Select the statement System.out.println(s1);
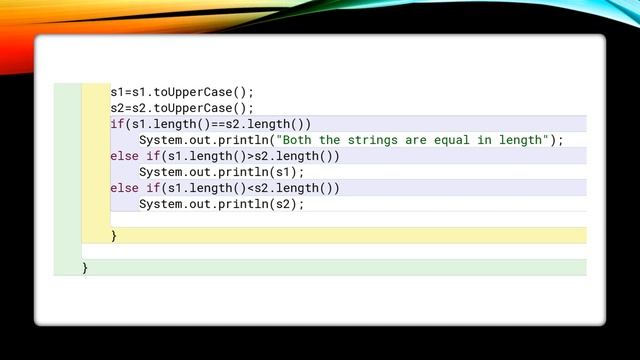click(x=221, y=172)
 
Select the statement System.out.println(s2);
click(x=221, y=204)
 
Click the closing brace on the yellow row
click(x=114, y=236)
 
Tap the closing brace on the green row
click(x=86, y=268)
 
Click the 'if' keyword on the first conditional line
click(x=117, y=124)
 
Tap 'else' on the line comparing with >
click(x=124, y=156)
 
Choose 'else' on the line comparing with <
click(x=124, y=188)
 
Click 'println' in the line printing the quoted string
click(x=242, y=140)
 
